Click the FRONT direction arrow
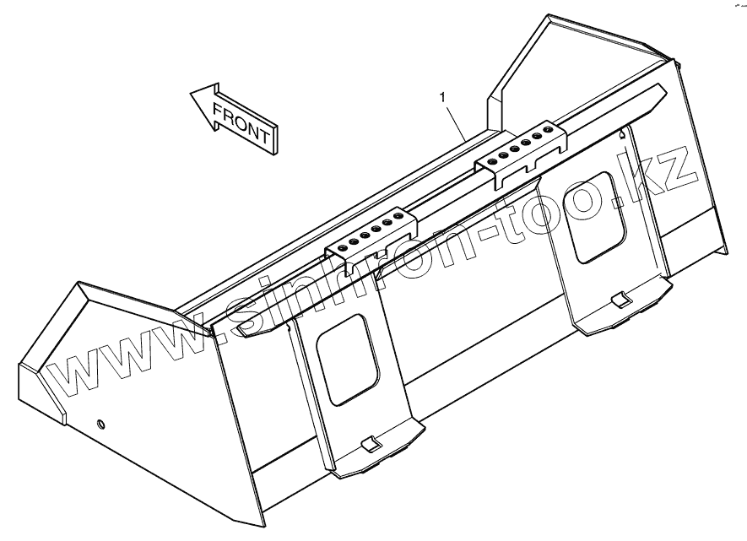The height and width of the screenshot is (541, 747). click(232, 118)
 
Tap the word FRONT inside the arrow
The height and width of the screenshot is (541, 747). click(242, 123)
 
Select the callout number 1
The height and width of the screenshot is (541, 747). click(442, 98)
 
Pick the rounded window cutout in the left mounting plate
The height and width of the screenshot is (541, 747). click(346, 359)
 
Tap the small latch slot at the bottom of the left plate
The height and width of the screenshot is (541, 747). click(369, 445)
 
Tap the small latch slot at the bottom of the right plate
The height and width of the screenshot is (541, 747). click(619, 300)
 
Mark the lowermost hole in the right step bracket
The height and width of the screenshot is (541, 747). click(494, 160)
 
